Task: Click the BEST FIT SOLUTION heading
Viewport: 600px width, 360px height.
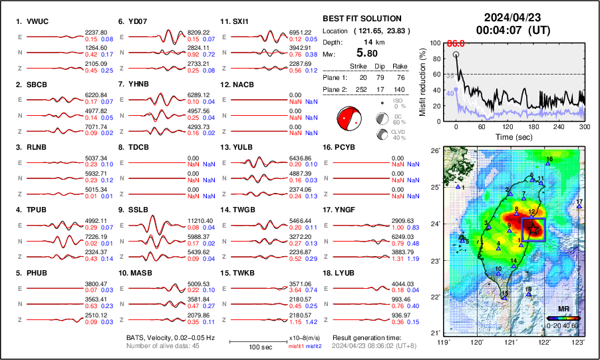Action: pos(361,19)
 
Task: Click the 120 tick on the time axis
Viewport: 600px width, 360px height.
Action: pos(506,126)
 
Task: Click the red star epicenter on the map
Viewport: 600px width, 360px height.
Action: pos(533,228)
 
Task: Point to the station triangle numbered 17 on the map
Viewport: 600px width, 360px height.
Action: pos(579,206)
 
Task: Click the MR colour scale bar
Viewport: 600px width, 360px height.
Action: pos(562,318)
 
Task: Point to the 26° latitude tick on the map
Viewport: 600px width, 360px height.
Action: pos(434,151)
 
